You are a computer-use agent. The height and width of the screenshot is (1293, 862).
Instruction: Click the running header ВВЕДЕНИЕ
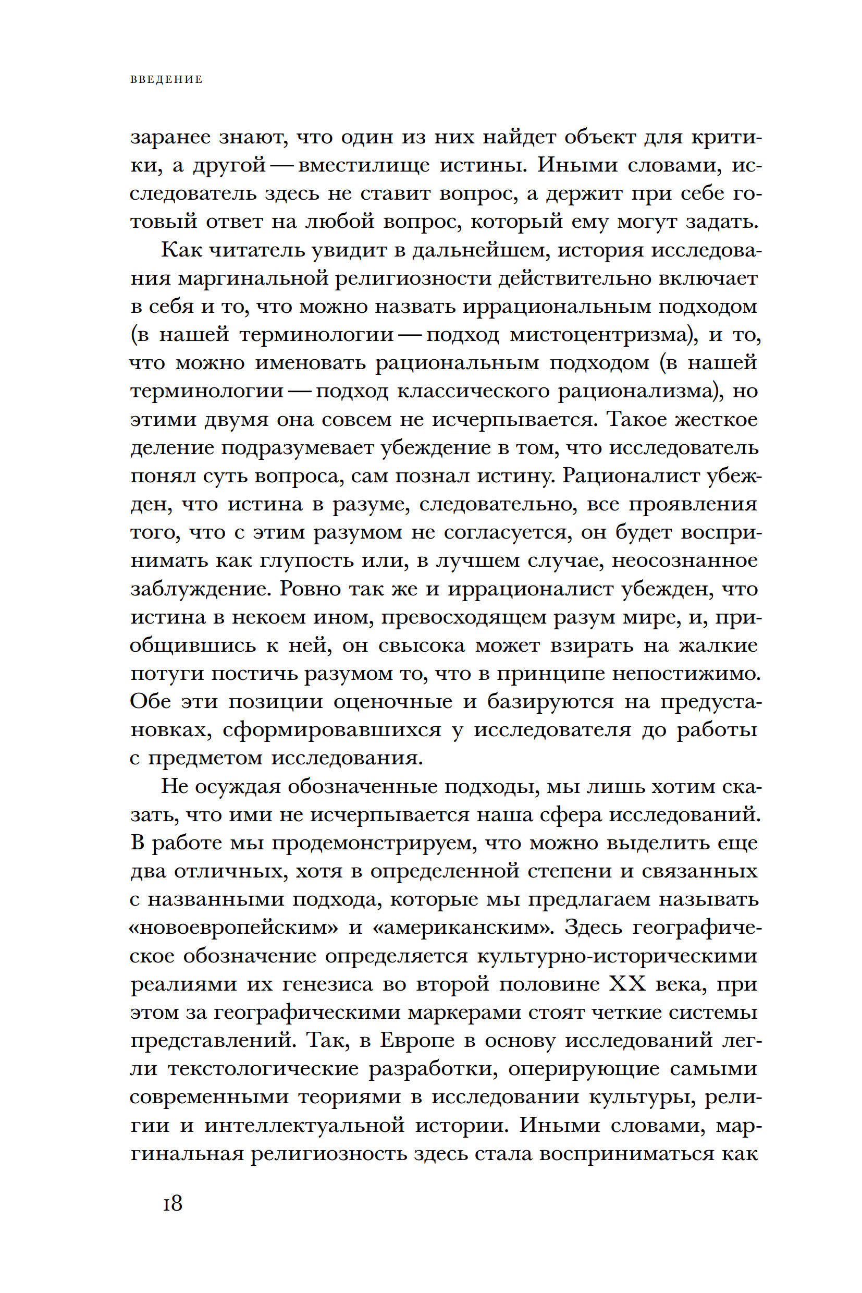pyautogui.click(x=167, y=80)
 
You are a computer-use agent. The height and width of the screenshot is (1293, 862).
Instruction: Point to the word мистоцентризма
pyautogui.click(x=600, y=335)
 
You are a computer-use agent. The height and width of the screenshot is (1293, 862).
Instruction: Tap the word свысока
pyautogui.click(x=422, y=645)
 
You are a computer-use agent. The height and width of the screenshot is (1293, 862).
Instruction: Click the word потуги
pyautogui.click(x=166, y=674)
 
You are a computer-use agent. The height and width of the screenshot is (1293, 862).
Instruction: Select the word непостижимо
pyautogui.click(x=685, y=674)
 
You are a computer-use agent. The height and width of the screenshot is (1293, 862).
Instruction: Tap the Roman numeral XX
pyautogui.click(x=627, y=984)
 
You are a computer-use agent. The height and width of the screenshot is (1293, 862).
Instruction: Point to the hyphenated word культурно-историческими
pyautogui.click(x=618, y=956)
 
